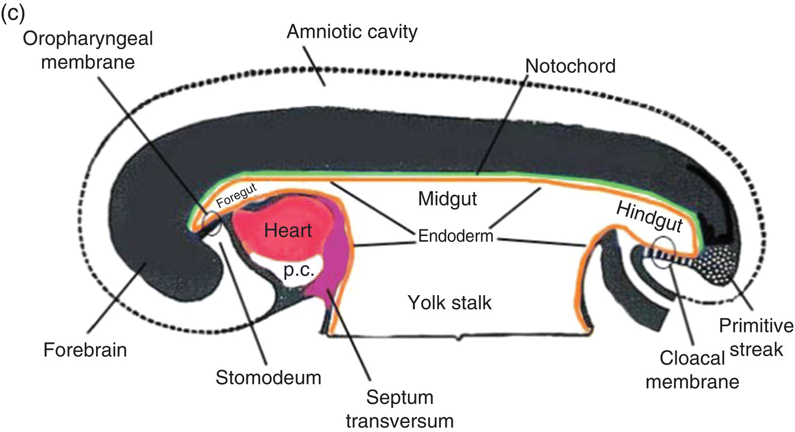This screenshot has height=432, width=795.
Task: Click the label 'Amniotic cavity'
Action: [352, 31]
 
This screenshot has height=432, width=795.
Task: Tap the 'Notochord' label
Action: [570, 66]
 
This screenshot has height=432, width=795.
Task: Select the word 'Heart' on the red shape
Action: [288, 230]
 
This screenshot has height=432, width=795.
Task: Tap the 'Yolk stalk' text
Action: [450, 303]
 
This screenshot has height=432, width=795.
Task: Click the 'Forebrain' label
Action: [85, 350]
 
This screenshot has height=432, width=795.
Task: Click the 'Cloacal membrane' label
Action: [691, 369]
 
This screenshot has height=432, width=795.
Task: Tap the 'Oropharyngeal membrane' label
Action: [88, 50]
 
